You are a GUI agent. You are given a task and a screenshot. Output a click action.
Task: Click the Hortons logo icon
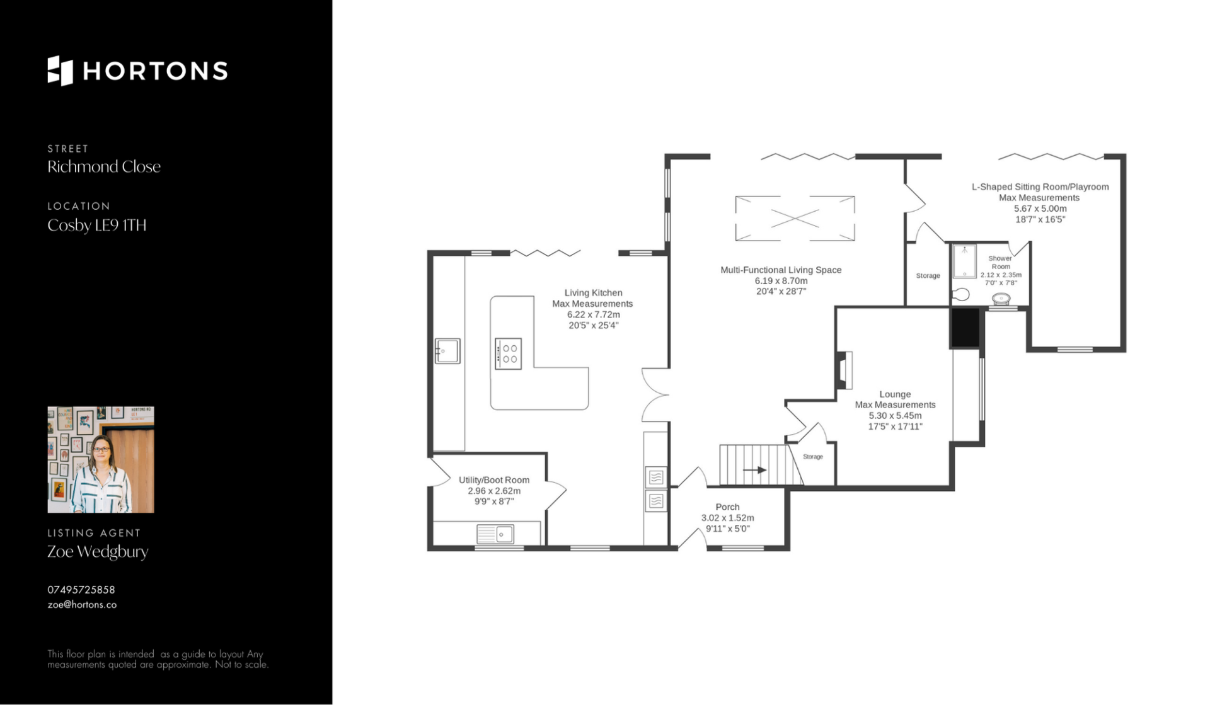tap(60, 71)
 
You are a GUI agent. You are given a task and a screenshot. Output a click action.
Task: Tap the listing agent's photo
tap(101, 459)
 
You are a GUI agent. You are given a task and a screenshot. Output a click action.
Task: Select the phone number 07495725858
tap(81, 590)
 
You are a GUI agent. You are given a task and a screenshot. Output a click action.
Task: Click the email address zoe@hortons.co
tap(82, 605)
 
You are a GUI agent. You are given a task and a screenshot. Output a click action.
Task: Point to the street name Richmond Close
tap(104, 166)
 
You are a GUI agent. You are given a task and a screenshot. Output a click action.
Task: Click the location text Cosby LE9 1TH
tap(97, 225)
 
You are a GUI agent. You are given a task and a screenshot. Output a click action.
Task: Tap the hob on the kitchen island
tap(508, 353)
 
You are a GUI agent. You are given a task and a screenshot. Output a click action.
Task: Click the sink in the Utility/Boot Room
tap(495, 534)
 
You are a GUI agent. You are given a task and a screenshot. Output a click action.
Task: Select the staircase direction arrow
tap(754, 470)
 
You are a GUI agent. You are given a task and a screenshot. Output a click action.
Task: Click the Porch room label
tap(727, 507)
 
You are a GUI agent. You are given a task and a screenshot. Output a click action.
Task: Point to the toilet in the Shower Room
tap(960, 294)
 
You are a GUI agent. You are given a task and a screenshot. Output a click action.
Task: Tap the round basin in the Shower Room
tap(1001, 299)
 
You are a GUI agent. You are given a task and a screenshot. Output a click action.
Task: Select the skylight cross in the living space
tap(795, 219)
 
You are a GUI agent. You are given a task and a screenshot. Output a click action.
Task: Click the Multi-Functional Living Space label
tap(781, 270)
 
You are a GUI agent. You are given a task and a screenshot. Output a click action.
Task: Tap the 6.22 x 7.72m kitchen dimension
tap(593, 314)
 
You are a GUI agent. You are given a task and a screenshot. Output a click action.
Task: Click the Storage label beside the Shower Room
tap(928, 276)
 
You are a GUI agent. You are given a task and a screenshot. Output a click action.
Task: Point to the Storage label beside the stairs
tap(813, 457)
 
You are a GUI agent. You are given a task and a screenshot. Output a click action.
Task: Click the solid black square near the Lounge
tap(965, 328)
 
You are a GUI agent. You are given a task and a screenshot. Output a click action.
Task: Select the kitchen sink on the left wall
tap(447, 351)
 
